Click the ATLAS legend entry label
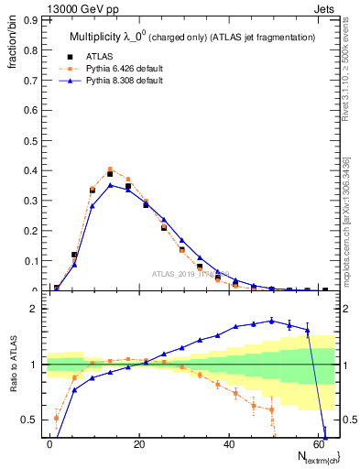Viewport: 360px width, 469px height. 98,56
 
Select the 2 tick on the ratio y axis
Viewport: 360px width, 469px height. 37,309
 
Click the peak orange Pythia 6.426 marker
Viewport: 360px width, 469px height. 110,169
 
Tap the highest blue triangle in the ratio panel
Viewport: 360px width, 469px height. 271,321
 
